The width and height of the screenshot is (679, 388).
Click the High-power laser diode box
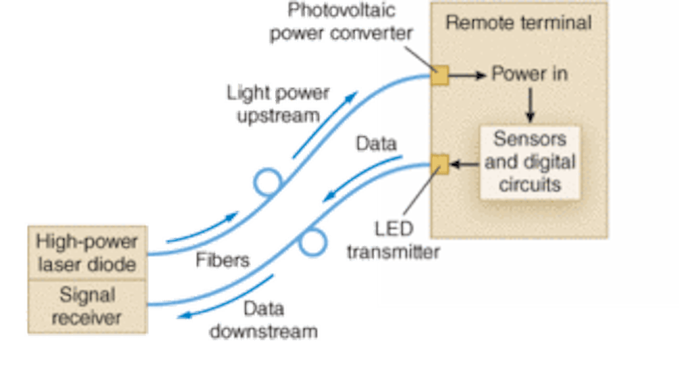tap(86, 253)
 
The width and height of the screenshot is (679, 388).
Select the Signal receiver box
tap(86, 306)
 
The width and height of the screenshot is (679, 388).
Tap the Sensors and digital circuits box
tap(530, 162)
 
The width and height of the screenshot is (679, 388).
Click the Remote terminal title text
tap(518, 22)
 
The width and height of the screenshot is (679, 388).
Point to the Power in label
tap(530, 74)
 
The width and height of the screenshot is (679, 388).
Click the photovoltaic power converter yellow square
tap(439, 76)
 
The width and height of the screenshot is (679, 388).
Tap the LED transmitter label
tap(393, 240)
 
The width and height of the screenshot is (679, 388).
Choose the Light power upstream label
tap(277, 104)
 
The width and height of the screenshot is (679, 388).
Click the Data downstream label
tap(263, 320)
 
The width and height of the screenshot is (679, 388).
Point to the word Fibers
tap(222, 260)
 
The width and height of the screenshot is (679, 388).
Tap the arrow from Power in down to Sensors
tap(530, 105)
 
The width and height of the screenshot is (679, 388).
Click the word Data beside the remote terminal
tap(375, 143)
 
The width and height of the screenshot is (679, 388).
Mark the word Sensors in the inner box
tap(530, 139)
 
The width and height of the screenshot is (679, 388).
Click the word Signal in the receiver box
tap(86, 295)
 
